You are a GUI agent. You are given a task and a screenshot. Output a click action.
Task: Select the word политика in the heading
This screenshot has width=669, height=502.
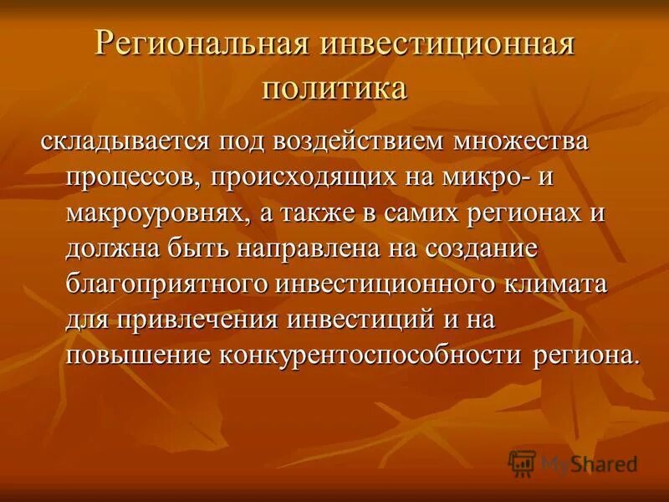tap(334, 87)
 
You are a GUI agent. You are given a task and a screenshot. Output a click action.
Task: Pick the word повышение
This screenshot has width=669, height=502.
tap(137, 354)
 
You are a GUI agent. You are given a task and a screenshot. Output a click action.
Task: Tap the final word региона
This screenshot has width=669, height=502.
tap(585, 354)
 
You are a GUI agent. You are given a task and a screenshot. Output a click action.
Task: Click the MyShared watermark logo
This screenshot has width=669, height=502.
tap(573, 463)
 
